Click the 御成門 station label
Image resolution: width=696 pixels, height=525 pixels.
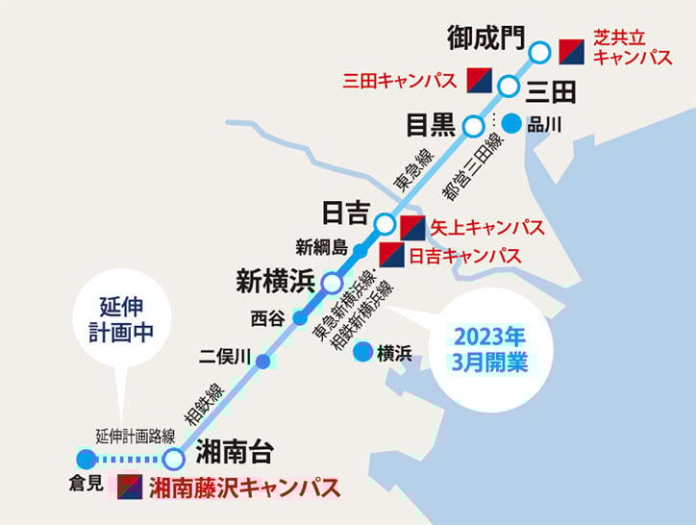click(486, 37)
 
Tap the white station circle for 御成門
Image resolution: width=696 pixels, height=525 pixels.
click(540, 51)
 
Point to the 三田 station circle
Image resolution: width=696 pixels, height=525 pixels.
click(509, 87)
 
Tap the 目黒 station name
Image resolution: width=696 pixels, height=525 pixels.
click(429, 126)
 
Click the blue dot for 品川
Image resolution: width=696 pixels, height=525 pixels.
click(511, 123)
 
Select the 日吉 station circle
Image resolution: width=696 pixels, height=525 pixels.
click(384, 224)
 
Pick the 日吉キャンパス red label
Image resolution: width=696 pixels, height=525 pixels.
click(465, 257)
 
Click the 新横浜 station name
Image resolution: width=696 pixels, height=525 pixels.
click(276, 283)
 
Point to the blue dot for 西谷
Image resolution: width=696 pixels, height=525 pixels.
click(300, 318)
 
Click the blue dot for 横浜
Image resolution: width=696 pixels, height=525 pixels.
click(362, 352)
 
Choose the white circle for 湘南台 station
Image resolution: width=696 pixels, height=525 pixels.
click(173, 459)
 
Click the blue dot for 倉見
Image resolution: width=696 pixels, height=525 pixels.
click(86, 459)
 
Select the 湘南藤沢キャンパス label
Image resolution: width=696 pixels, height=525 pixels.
click(245, 488)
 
